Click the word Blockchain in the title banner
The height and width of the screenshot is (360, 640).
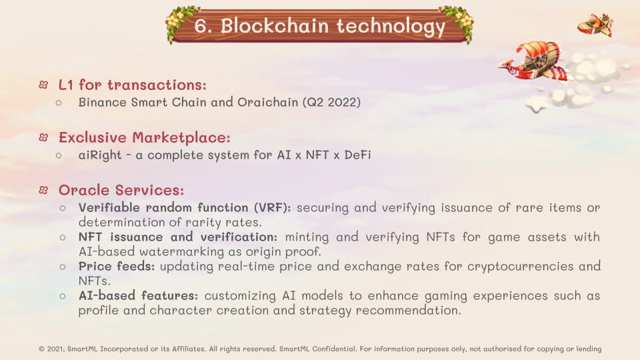[x=274, y=26]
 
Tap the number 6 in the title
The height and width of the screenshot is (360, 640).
[x=201, y=26]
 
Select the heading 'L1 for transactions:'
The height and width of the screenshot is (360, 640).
[x=133, y=85]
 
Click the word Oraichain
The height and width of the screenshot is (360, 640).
[x=268, y=102]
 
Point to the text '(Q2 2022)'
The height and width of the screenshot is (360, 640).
[x=331, y=102]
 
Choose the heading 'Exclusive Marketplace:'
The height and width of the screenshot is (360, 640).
[x=145, y=137]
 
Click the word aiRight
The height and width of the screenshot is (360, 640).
[x=100, y=155]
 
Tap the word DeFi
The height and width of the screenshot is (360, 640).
[x=357, y=155]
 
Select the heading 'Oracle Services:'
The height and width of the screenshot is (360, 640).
[x=121, y=190]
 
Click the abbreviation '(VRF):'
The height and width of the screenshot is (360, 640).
[x=272, y=208]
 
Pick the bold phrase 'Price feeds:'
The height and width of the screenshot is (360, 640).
[x=117, y=266]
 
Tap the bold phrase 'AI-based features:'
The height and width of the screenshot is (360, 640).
[x=139, y=295]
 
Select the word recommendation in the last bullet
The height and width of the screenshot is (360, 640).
[x=409, y=310]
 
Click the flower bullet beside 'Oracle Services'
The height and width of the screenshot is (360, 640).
[x=43, y=190]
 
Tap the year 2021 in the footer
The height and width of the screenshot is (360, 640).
[x=55, y=349]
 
